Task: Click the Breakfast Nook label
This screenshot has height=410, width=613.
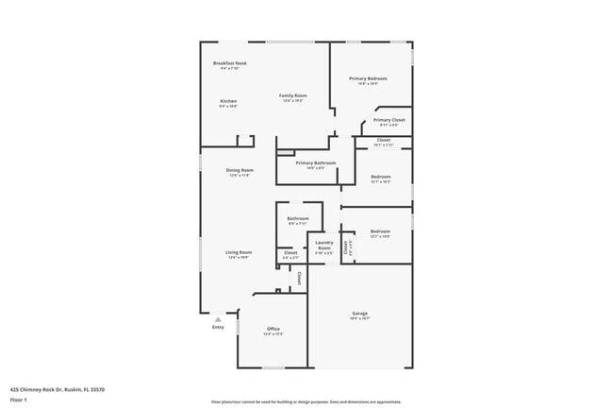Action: click(228, 62)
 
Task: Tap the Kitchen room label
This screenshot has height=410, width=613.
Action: click(228, 101)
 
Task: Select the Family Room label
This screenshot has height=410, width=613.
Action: click(292, 95)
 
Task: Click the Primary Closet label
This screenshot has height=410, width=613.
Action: click(389, 120)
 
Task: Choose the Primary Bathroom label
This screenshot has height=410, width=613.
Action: click(315, 162)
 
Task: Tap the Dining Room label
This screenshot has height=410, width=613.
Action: click(240, 170)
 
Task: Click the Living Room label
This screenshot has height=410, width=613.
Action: click(239, 252)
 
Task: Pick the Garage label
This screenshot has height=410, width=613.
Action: click(359, 313)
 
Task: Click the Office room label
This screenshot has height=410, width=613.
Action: click(273, 329)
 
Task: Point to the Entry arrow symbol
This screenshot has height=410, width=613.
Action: click(218, 319)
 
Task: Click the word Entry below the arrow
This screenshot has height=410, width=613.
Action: click(218, 328)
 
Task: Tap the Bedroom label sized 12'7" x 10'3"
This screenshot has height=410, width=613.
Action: click(380, 177)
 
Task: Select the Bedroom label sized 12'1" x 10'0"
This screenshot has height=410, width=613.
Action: click(380, 231)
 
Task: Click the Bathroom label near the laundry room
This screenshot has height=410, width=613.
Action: click(298, 219)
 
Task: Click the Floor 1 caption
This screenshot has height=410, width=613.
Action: click(20, 400)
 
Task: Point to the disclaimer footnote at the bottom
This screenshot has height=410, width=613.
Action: click(306, 401)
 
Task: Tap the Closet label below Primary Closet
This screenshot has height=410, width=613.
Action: click(383, 140)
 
